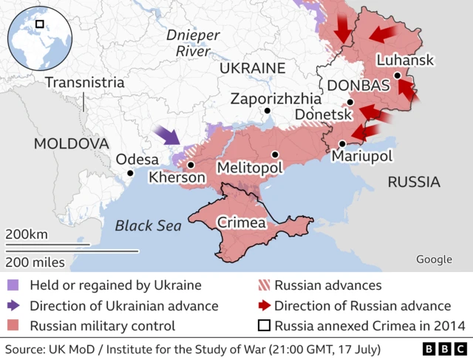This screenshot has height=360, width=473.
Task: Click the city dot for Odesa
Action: point(130,173)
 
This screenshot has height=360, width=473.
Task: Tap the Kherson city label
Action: point(177,178)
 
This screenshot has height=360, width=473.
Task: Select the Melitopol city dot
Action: point(275,154)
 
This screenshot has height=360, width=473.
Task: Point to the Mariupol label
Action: point(362,156)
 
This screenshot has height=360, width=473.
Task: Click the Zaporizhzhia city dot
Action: point(268,111)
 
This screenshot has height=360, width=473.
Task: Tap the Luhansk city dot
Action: point(398,75)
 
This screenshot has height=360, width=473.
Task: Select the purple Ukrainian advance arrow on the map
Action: point(169,135)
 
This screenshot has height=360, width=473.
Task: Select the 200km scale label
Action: point(27,234)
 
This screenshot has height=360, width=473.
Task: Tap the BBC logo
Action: point(443,347)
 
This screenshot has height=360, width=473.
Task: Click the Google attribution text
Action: point(434,259)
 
